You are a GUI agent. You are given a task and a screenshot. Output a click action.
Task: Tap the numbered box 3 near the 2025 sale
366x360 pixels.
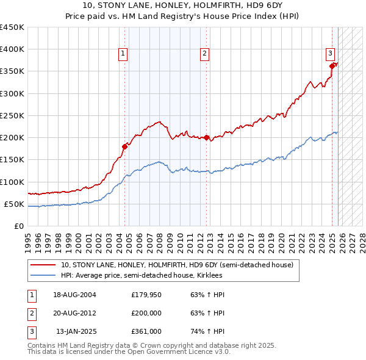[x=330, y=53]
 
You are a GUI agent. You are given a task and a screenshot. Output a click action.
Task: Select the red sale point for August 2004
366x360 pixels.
[x=124, y=146]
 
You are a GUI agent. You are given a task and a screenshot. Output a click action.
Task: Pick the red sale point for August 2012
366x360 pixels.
[x=207, y=138]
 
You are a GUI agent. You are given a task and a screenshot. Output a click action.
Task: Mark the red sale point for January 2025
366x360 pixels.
[x=332, y=66]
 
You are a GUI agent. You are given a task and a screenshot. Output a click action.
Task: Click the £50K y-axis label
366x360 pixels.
[x=15, y=204]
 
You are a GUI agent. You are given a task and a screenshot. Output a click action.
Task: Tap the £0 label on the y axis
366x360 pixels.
[x=20, y=226]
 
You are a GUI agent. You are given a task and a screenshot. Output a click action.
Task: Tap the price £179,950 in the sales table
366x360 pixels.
[x=146, y=295]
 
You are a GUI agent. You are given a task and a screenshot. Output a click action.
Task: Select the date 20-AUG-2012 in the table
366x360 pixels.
[x=74, y=313]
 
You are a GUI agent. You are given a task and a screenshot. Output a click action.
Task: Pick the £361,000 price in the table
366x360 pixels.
[x=146, y=331]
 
